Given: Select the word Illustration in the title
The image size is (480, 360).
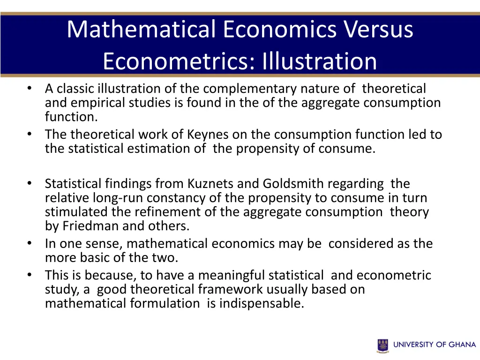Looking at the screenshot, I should (x=319, y=61).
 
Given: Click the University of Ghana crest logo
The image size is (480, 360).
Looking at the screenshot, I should (x=383, y=345).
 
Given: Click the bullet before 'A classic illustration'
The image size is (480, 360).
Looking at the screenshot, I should (x=30, y=89).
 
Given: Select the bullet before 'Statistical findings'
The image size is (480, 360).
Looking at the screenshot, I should (x=30, y=184).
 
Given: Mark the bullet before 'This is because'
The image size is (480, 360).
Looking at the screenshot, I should (x=30, y=275).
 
